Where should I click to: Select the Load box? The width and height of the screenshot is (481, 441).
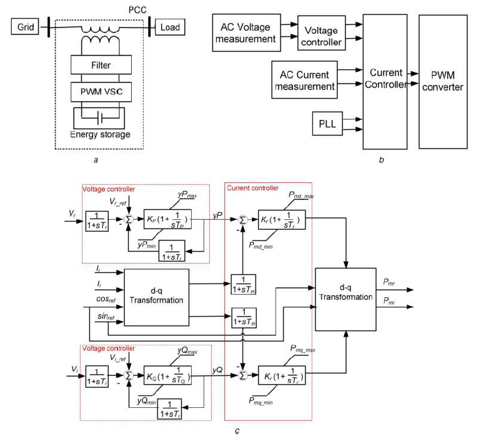click(170, 27)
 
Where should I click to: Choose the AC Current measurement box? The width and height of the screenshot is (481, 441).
click(304, 80)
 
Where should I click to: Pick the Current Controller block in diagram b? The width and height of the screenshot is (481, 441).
click(385, 81)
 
